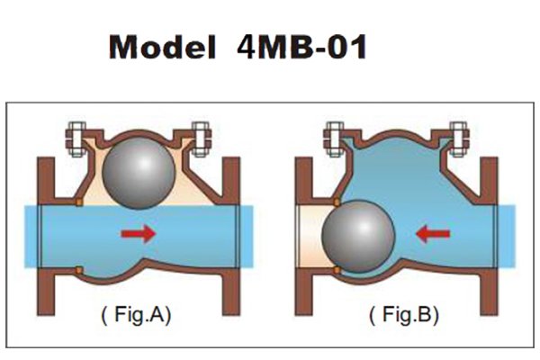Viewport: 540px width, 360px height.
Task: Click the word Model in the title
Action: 162,47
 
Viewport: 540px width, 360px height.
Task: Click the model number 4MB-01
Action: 302,47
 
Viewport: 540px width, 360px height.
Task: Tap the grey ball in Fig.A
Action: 139,174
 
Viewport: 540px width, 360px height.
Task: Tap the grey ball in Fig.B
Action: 358,237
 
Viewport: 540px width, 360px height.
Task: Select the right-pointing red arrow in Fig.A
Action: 139,234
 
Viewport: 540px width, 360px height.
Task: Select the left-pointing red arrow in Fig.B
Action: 433,234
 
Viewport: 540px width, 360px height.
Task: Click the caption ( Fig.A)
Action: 136,315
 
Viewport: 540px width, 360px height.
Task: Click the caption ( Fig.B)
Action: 404,315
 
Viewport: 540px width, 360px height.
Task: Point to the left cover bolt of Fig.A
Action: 76,139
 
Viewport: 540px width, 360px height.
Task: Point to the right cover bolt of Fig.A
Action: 201,139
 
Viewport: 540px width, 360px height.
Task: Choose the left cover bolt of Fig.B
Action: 334,139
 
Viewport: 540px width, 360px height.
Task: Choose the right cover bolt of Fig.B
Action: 459,139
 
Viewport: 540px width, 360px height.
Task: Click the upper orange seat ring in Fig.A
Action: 79,202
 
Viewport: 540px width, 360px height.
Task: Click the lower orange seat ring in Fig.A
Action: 79,270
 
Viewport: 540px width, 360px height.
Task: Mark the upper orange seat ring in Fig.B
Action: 337,202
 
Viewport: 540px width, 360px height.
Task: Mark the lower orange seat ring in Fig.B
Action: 337,270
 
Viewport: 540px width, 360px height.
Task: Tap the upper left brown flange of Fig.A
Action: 46,181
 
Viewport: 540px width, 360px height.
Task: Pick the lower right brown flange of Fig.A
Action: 231,292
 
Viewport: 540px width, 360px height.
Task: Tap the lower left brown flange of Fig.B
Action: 304,292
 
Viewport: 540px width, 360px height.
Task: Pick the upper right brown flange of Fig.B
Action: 489,181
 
